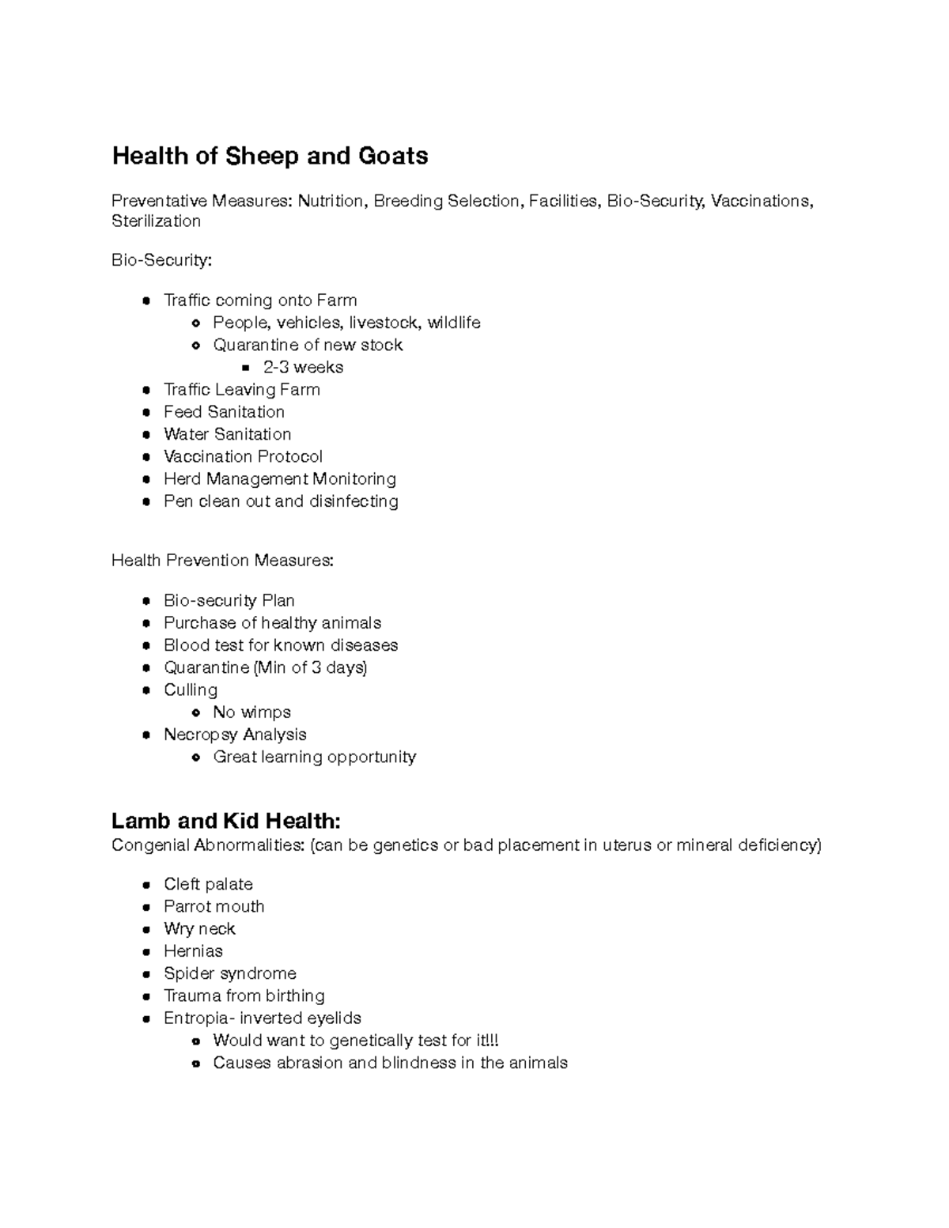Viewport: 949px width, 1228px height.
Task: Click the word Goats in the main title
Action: (392, 156)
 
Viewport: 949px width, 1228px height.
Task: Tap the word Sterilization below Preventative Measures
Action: (156, 221)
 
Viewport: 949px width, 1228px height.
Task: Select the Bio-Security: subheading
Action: (161, 260)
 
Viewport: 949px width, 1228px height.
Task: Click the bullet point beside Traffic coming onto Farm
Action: (146, 300)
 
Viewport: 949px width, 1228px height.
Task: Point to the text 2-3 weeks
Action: (303, 367)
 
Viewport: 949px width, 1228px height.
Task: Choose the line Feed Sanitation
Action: (224, 412)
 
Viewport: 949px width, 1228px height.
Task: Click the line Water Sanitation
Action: (227, 434)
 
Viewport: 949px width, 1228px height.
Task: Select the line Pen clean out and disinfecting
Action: (281, 501)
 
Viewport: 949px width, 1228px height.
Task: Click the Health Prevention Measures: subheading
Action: (222, 561)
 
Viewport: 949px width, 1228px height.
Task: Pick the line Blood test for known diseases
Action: (281, 645)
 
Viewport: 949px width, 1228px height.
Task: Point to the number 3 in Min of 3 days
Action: (316, 667)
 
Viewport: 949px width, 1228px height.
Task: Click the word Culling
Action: (190, 690)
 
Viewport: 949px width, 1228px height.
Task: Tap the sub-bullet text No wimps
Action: (251, 712)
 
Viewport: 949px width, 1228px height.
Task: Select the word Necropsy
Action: (198, 735)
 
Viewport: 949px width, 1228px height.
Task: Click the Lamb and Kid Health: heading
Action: (226, 821)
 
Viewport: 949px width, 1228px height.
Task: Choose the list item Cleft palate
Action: (208, 884)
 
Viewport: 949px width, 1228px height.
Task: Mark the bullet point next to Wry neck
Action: (146, 929)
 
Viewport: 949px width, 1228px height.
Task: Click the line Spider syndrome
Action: (229, 973)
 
